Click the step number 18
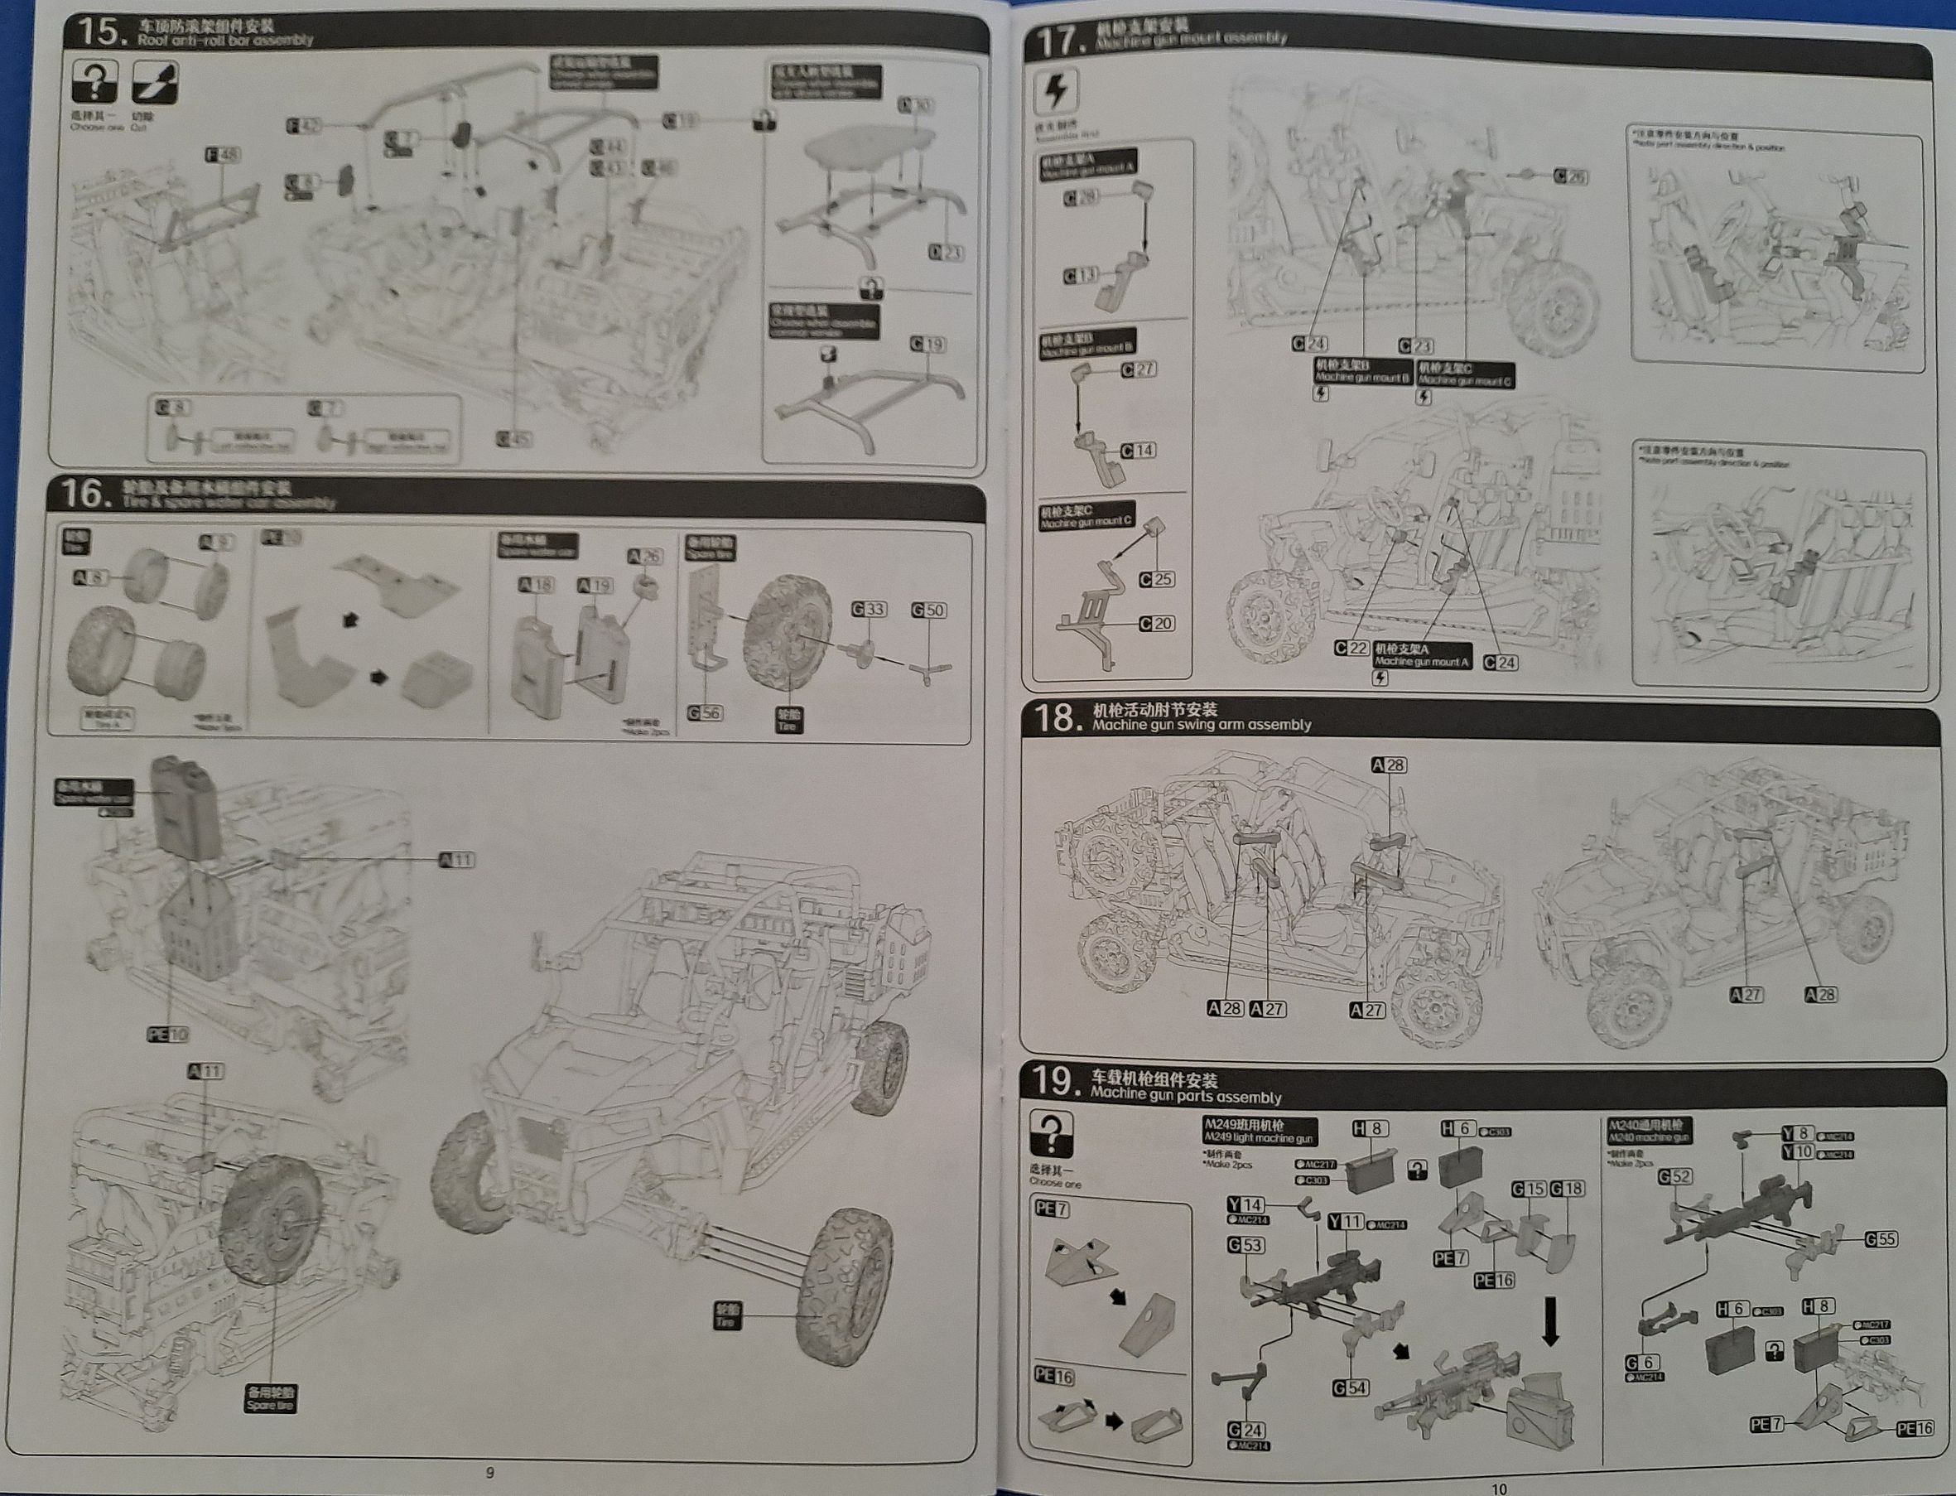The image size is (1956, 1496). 1055,717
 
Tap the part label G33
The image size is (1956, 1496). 868,609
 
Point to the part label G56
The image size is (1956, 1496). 704,712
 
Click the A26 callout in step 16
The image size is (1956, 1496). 644,557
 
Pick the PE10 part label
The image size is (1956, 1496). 167,1034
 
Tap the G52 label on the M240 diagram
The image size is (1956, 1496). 1674,1176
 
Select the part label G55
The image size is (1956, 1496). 1881,1238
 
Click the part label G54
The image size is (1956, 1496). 1350,1387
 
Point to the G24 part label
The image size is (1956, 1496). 1245,1430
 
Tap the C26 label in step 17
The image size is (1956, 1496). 1569,176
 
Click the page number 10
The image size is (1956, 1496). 1498,1488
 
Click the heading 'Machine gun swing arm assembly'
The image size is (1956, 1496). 1201,725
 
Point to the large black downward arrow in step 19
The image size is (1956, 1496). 1550,1320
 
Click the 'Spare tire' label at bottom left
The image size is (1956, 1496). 271,1398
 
